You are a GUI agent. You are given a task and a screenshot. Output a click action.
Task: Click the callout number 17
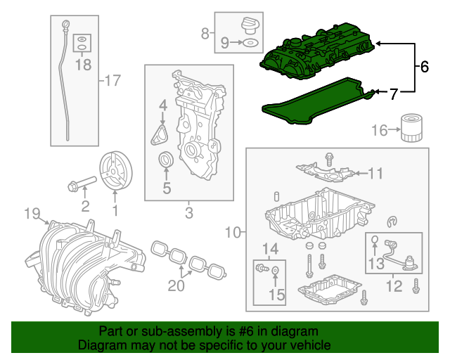coord(113,80)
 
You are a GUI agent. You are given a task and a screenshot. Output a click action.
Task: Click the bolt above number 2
coord(79,186)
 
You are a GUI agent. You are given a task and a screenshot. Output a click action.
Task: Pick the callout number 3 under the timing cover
coord(189,212)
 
